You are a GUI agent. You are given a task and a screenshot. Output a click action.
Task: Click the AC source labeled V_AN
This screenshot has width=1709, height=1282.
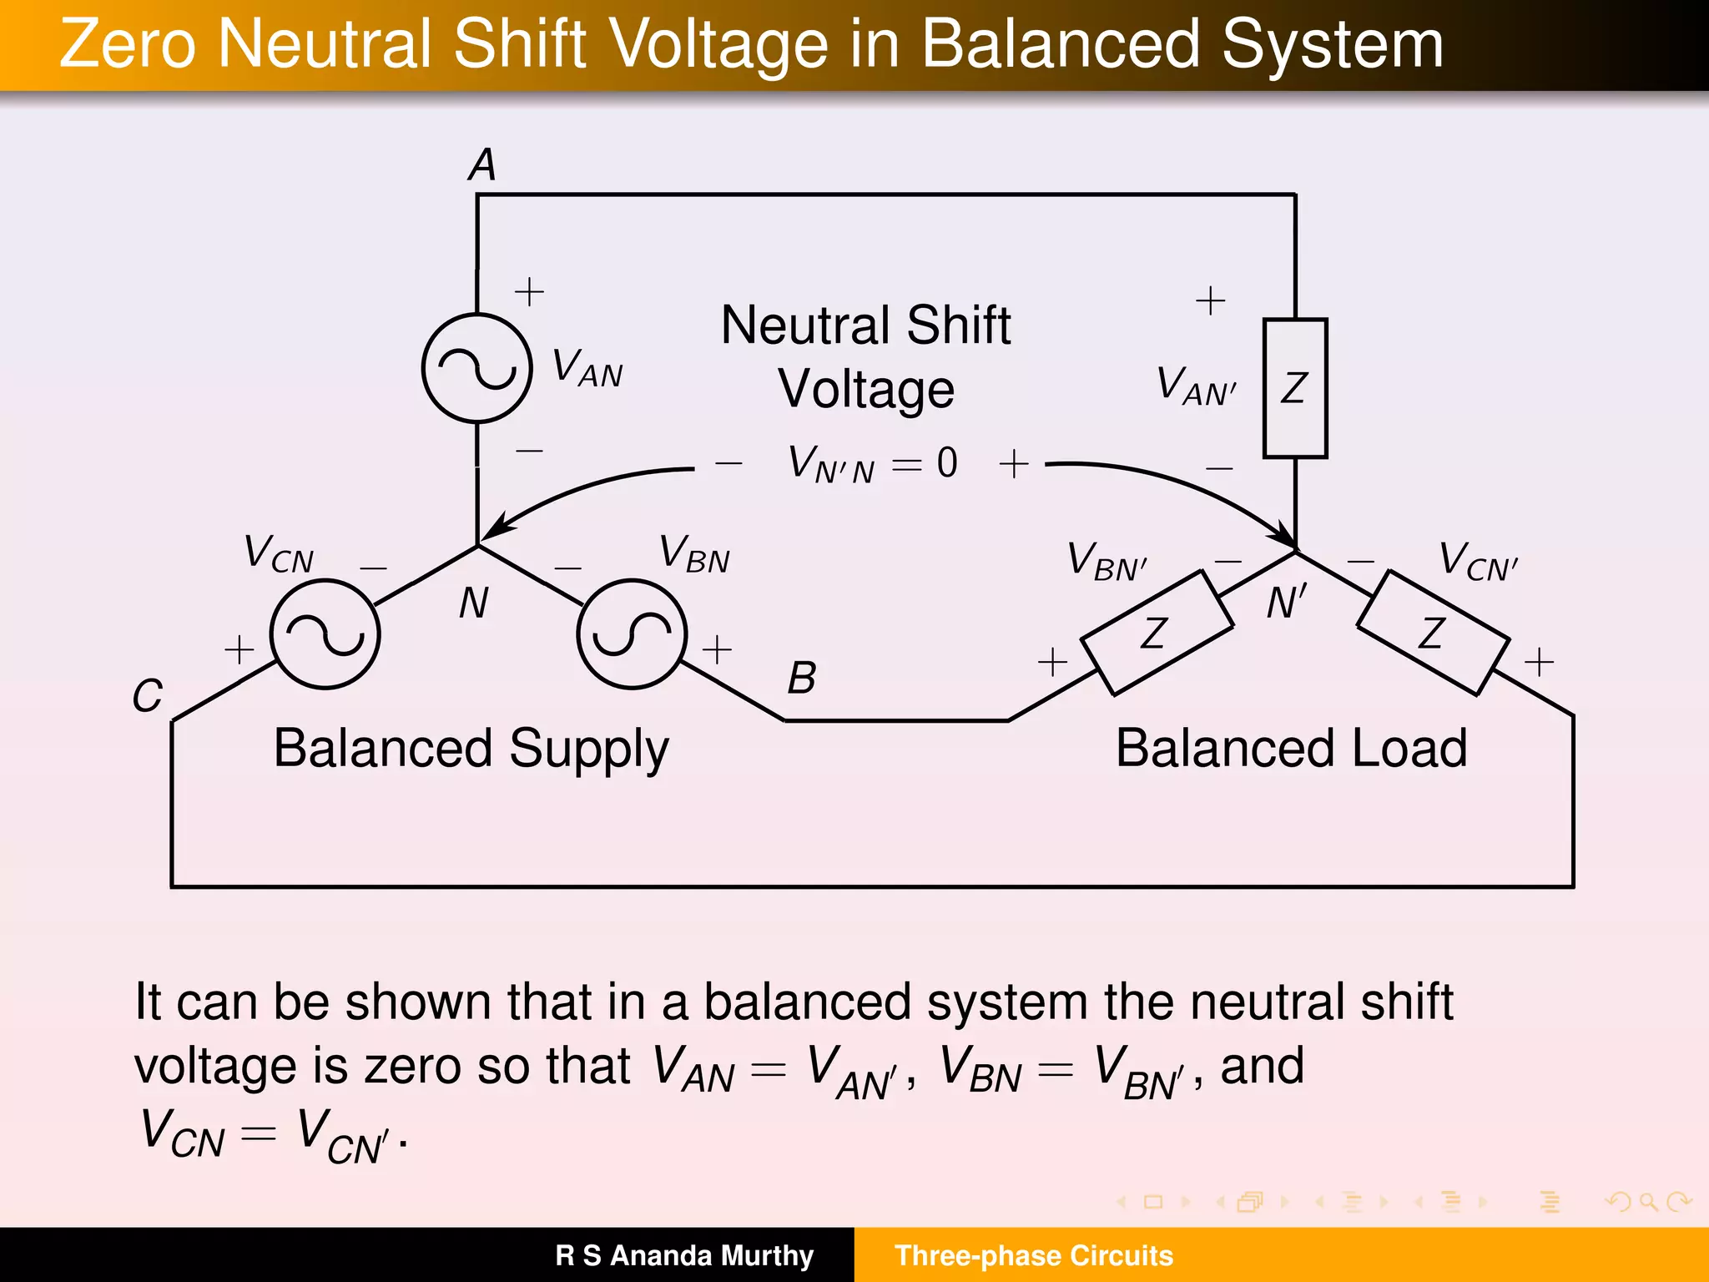476,368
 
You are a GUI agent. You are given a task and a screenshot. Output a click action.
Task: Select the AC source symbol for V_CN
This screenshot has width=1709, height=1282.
325,634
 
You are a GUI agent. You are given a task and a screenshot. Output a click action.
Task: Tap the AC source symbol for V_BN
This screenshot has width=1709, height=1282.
632,634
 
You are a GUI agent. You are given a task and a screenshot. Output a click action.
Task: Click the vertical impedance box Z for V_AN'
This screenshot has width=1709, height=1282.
1295,388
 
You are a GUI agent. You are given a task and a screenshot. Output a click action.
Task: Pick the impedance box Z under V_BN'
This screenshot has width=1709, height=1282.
1157,633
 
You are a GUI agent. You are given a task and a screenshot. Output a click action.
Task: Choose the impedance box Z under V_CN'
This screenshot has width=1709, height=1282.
1433,633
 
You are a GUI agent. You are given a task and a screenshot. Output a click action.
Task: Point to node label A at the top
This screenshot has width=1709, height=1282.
482,164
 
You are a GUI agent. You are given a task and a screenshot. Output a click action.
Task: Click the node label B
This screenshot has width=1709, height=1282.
802,678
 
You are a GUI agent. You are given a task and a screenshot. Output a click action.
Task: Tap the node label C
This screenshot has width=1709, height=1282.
147,695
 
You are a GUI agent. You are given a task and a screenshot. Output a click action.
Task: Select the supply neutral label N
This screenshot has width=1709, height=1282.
473,603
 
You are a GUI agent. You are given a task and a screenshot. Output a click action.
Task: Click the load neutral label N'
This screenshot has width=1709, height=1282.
1285,603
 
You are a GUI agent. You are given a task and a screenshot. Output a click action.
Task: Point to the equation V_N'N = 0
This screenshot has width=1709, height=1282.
872,463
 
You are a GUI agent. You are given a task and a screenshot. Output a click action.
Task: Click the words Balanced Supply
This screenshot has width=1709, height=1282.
471,748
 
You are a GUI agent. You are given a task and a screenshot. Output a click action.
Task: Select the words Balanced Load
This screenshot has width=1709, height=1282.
1291,748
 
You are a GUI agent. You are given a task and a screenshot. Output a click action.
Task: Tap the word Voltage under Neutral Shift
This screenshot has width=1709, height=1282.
866,389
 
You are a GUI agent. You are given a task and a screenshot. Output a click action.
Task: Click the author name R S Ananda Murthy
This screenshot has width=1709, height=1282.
683,1255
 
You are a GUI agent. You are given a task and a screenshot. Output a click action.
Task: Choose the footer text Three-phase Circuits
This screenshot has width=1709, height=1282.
1033,1255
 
